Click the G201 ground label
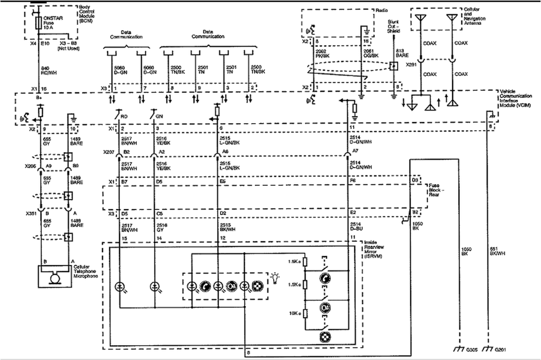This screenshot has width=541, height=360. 498,349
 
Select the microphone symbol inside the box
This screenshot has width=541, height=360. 55,278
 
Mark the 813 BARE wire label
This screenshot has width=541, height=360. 400,54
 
